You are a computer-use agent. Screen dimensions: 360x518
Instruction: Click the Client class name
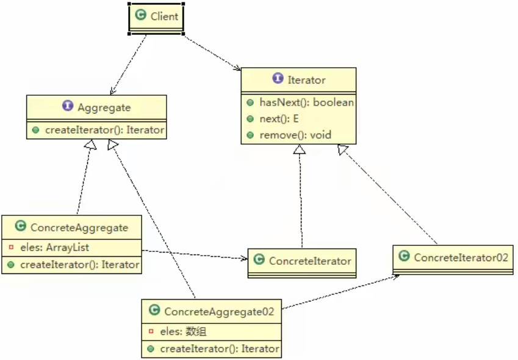tap(164, 16)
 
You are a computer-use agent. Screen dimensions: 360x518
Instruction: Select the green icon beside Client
tap(141, 16)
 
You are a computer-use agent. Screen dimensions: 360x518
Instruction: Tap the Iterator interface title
tap(307, 79)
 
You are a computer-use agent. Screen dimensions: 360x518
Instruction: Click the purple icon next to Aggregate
tap(68, 107)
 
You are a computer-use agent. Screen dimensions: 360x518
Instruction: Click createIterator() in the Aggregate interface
tap(104, 130)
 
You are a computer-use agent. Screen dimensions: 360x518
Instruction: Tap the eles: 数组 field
tap(183, 331)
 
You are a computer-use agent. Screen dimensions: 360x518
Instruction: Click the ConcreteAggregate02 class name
tap(219, 311)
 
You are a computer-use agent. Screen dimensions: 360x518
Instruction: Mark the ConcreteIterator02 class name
tap(461, 257)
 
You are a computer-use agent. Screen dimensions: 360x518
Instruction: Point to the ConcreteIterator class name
tap(310, 261)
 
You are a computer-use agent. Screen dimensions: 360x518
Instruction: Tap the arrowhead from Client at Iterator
tap(238, 68)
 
